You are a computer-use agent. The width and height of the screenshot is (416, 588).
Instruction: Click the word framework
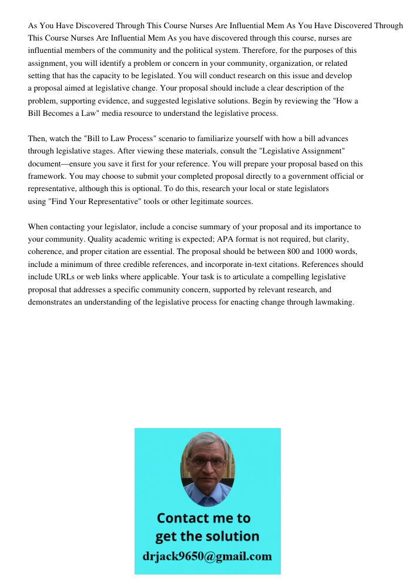[x=46, y=176]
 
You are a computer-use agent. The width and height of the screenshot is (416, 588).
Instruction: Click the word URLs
[x=64, y=277]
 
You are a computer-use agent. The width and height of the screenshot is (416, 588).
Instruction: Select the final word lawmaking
[x=333, y=302]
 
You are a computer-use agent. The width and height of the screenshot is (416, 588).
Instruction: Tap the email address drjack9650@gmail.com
[x=207, y=556]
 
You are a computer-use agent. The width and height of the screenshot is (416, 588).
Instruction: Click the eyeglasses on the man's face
[x=207, y=462]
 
